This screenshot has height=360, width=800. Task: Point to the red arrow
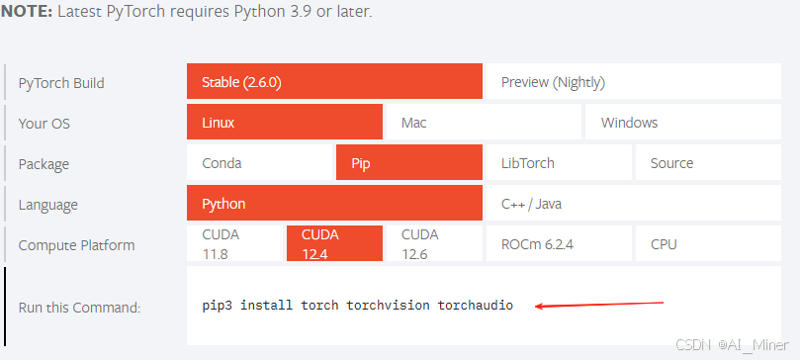pyautogui.click(x=599, y=305)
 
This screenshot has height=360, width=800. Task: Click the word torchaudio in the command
pyautogui.click(x=475, y=306)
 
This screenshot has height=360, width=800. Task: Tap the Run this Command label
pyautogui.click(x=79, y=308)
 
